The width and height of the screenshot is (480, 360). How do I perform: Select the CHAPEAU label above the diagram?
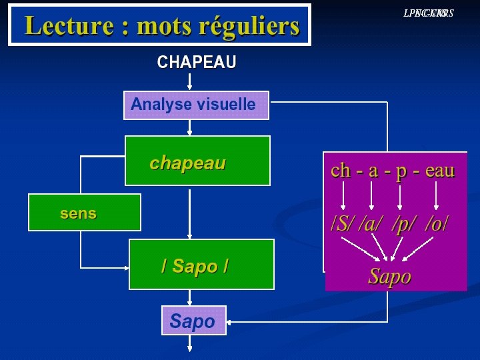pos(197,63)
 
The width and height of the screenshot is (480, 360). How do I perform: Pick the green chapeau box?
pos(197,161)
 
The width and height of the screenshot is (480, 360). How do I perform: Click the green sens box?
pos(84,213)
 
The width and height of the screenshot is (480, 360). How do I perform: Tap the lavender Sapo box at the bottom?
pos(193,320)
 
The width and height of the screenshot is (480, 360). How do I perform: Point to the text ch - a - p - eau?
pos(393,171)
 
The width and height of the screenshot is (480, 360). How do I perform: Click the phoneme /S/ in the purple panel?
pos(343,223)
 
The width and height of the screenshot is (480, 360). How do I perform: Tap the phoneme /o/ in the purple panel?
pos(436,223)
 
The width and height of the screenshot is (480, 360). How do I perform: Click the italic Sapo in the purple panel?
pos(390,276)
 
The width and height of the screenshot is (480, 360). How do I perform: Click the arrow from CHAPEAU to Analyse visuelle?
pos(190,82)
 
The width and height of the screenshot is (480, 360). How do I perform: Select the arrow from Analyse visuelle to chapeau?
pos(190,128)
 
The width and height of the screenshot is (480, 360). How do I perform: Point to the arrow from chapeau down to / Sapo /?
pos(190,213)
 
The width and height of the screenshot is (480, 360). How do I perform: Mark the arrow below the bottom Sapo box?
pos(190,343)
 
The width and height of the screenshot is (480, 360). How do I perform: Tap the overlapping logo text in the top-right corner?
pos(428,13)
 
